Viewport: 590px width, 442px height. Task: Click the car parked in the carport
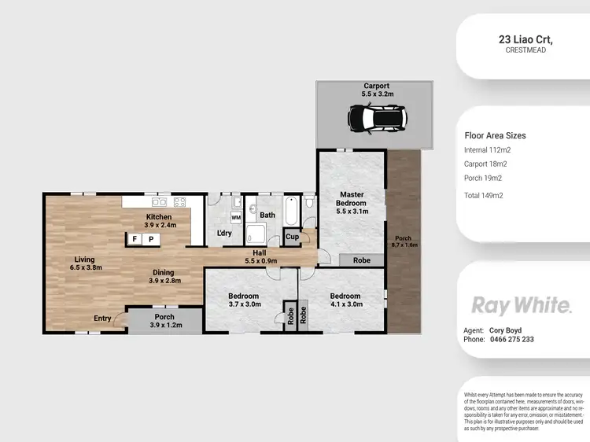tap(374, 119)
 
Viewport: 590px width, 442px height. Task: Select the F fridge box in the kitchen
tap(135, 238)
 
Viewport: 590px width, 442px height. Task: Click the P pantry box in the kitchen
tap(150, 238)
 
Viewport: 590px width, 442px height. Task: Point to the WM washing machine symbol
tap(236, 217)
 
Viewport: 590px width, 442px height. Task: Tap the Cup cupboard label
tap(292, 237)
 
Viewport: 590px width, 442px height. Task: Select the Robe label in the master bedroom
tap(361, 260)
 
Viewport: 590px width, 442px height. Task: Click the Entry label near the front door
tap(103, 318)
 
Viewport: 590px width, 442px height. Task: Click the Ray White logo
tap(521, 304)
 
